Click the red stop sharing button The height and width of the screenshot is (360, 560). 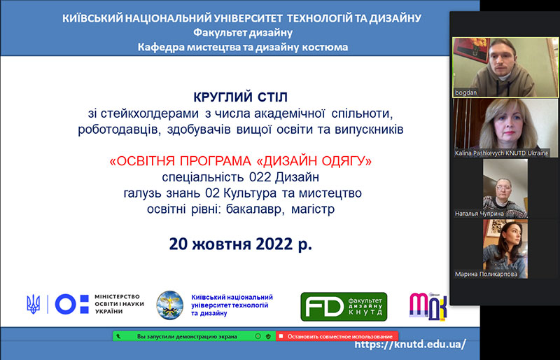coord(337,336)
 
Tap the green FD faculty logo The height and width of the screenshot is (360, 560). coord(344,307)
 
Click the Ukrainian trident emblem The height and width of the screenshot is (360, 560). coord(33,304)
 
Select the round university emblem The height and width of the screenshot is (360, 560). coord(170,305)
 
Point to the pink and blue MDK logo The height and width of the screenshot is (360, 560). coord(428,306)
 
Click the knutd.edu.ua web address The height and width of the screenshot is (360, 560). coord(410,344)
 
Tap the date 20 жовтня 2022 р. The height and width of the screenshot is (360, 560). coord(240,244)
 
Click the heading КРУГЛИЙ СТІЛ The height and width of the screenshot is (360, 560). coord(240,97)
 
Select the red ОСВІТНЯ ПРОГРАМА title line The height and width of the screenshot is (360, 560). coord(240,161)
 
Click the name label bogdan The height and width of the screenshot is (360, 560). coord(465,92)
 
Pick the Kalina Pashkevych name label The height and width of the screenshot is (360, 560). coord(501,153)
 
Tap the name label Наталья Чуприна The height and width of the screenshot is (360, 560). coord(479,214)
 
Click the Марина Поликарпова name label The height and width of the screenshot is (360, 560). coord(486,274)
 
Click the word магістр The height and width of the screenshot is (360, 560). coord(313,209)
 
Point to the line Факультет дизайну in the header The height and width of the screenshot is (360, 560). coord(243,33)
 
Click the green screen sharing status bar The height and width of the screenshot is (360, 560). coord(195,336)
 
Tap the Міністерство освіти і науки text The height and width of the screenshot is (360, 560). coord(119,304)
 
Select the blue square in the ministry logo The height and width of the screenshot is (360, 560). coord(84,304)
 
